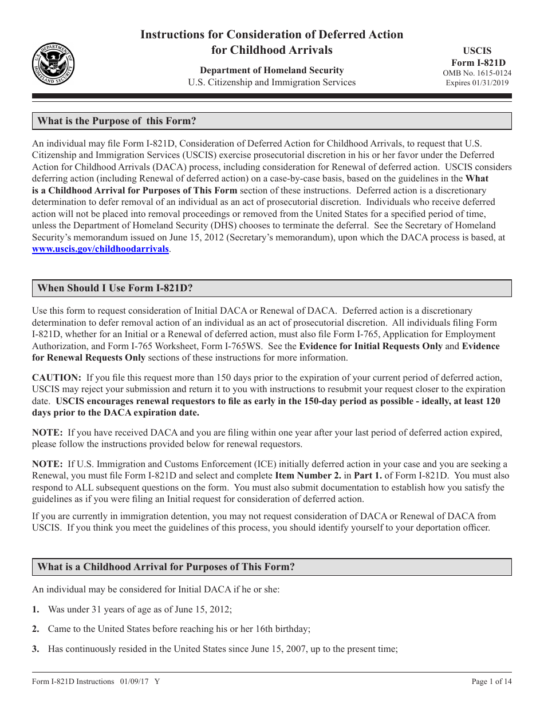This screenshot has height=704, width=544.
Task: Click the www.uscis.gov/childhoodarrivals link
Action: click(x=100, y=249)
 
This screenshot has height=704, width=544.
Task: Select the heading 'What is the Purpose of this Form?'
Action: click(x=117, y=121)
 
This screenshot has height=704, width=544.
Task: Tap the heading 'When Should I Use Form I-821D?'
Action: click(x=115, y=288)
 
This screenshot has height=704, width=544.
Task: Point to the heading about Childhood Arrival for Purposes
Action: click(x=166, y=567)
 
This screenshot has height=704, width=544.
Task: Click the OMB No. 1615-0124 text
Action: click(x=477, y=73)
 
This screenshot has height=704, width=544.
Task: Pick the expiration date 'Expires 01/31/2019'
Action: click(x=477, y=83)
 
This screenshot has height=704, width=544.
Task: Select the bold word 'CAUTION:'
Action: click(x=57, y=377)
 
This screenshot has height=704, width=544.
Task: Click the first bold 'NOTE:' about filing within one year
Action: click(x=48, y=432)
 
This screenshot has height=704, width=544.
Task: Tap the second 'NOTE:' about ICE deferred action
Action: click(x=48, y=464)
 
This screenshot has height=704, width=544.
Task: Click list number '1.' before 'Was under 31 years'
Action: click(x=36, y=609)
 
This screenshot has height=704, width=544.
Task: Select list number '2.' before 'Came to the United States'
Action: click(x=36, y=629)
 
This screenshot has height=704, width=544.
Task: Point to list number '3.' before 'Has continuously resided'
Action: click(x=36, y=648)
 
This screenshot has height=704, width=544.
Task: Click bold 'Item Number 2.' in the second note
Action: click(x=308, y=475)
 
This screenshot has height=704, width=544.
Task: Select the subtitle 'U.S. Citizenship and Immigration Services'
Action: click(x=271, y=82)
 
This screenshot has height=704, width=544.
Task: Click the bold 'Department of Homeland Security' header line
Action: click(x=271, y=70)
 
